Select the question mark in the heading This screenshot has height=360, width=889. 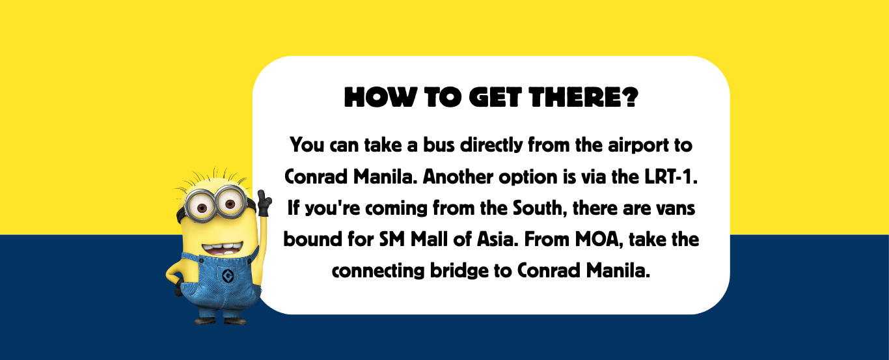pos(630,97)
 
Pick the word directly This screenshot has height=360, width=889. pos(491,146)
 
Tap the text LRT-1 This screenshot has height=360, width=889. pos(670,177)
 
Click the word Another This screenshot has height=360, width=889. pos(458,177)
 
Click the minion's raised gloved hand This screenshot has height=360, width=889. pos(264,203)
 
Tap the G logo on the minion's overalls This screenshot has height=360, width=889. pos(228,275)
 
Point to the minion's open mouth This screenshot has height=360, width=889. pos(223,249)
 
